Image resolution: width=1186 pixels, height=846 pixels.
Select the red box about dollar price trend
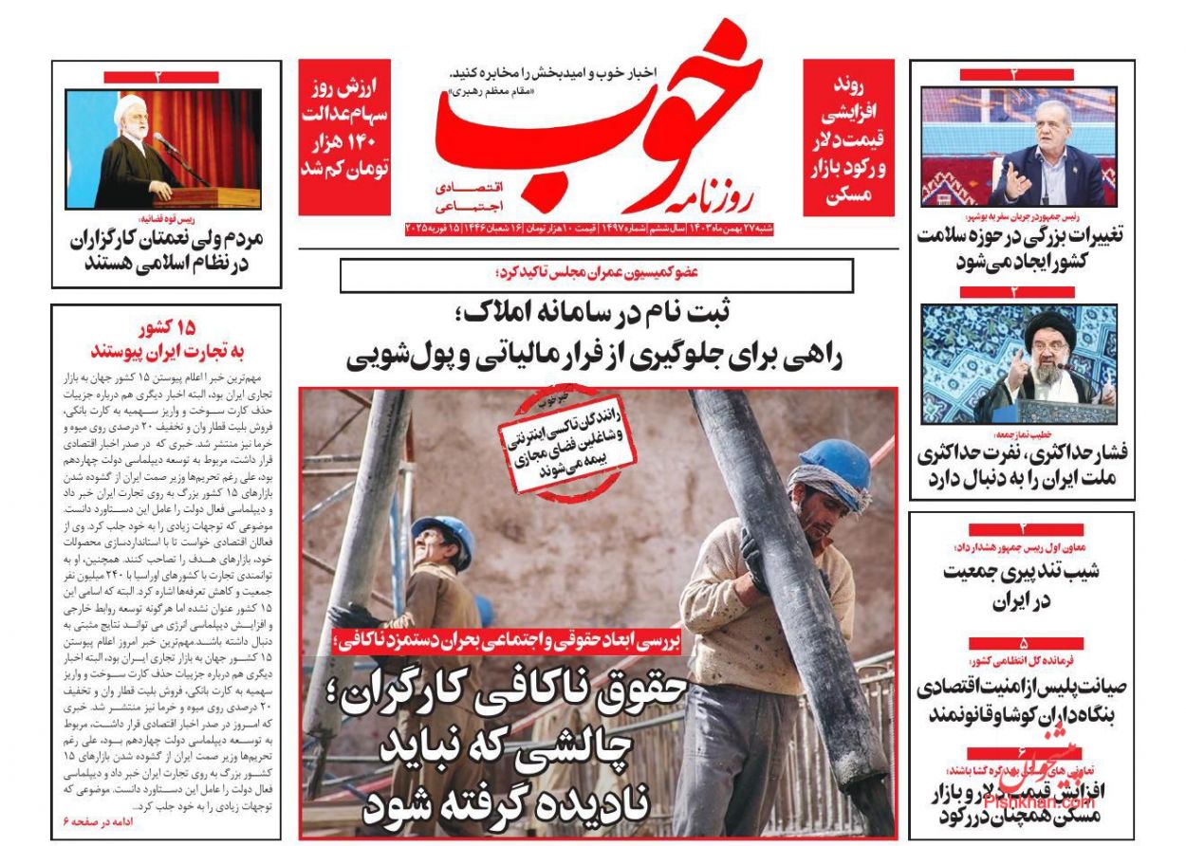[847, 138]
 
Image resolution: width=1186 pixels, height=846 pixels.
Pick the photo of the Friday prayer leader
[1019, 363]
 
